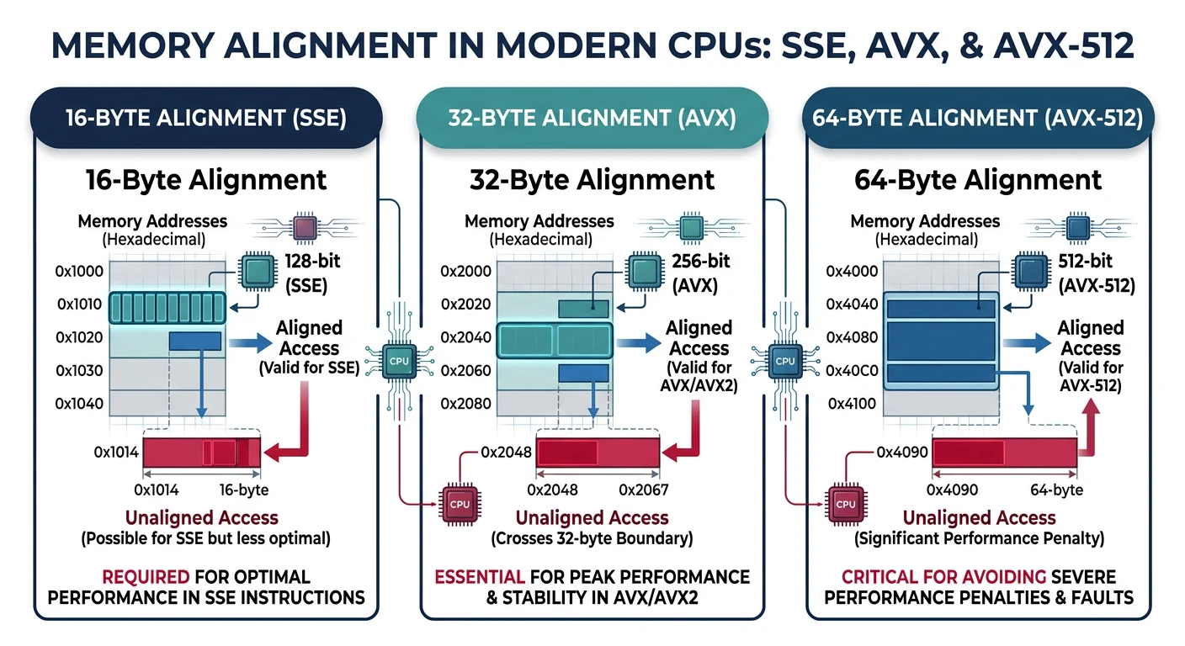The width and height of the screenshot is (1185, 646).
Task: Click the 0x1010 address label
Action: [79, 304]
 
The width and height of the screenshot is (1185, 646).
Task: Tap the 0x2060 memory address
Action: [465, 371]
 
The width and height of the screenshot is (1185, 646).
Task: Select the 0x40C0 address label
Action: [852, 371]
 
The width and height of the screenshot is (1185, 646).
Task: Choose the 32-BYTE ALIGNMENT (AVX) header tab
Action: [592, 119]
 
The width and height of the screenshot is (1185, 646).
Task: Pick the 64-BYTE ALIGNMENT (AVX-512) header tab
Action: [978, 119]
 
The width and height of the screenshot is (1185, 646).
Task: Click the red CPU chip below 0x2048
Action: [460, 505]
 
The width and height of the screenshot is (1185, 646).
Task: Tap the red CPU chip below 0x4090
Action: [847, 504]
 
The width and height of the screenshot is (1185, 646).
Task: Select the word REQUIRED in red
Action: [144, 577]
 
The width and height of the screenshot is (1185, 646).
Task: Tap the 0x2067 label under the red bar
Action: [643, 490]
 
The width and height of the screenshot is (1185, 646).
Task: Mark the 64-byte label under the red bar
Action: [1055, 490]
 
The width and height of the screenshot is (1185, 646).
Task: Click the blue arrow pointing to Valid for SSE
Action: [250, 342]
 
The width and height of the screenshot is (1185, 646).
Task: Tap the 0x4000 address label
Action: [852, 271]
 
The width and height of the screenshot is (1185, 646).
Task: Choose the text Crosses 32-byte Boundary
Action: [592, 538]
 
